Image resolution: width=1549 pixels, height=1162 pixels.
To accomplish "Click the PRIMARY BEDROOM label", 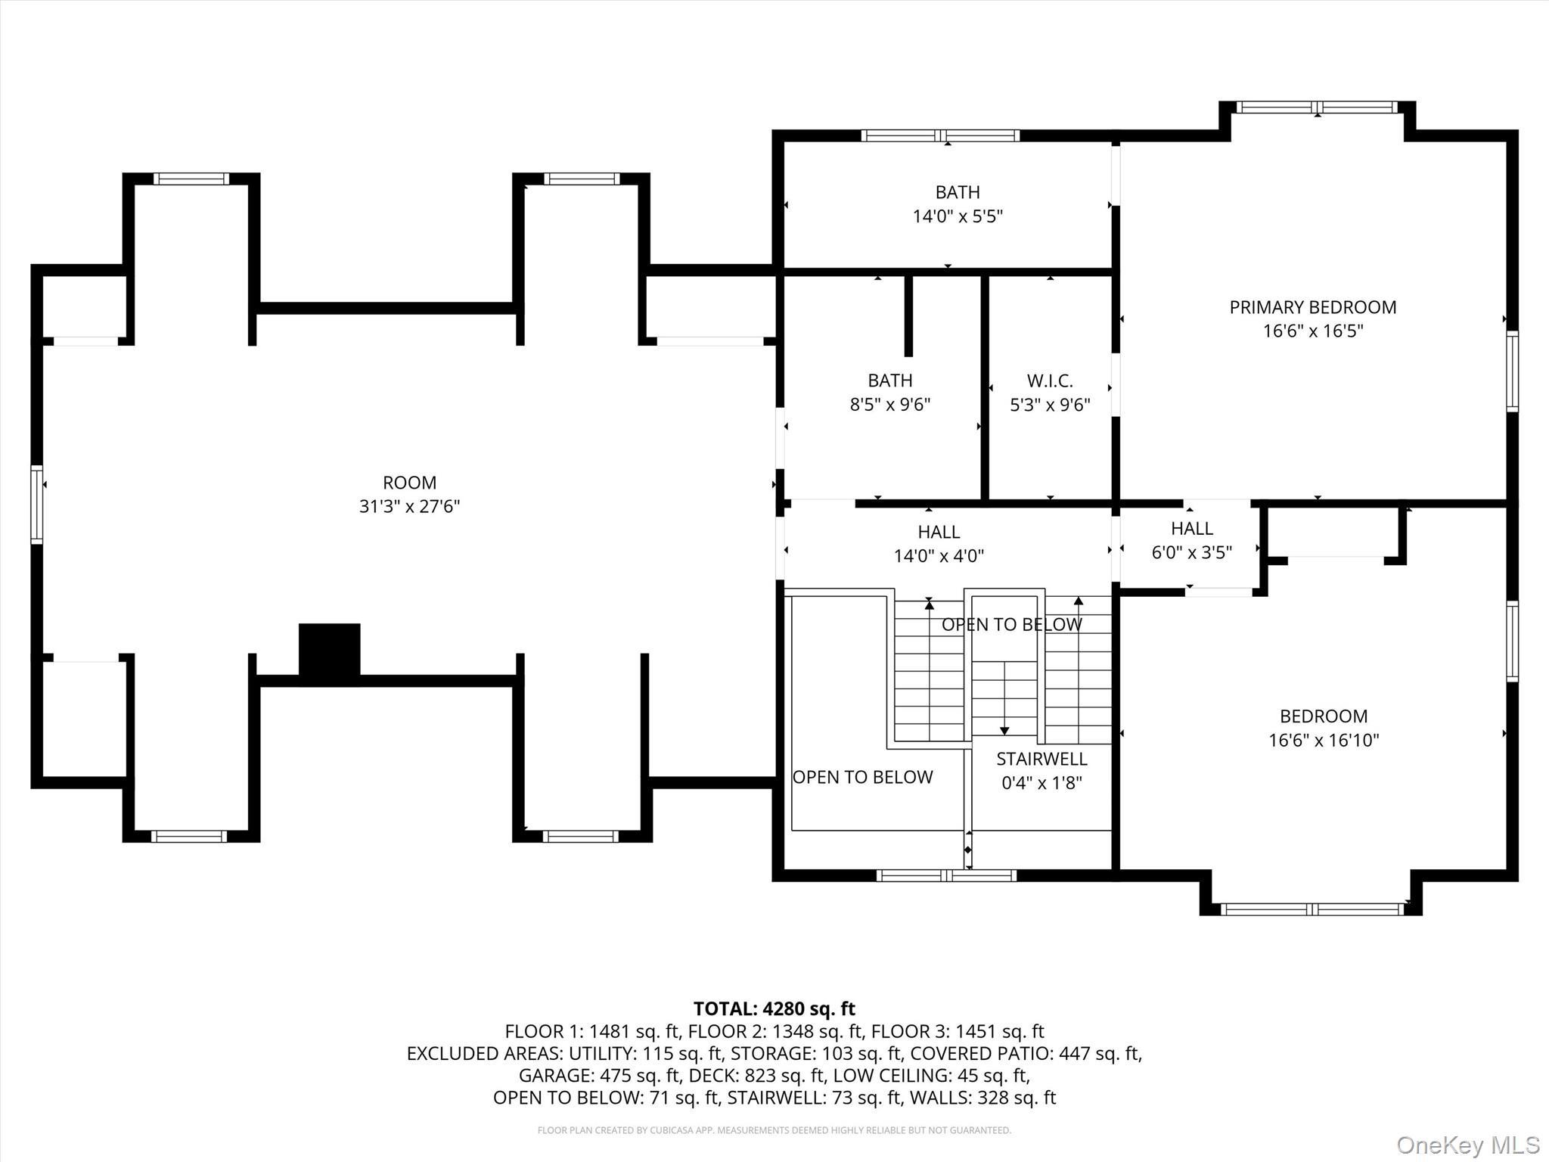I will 1312,307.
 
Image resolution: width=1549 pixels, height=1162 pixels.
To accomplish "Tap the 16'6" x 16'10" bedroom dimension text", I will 1324,741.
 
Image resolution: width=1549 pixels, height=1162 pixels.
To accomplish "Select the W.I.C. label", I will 1050,381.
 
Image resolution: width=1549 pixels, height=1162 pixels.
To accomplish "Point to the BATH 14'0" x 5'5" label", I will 958,192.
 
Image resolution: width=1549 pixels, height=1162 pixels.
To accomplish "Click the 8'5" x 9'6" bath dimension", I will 890,405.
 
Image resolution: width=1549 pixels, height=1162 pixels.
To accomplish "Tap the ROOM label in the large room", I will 409,483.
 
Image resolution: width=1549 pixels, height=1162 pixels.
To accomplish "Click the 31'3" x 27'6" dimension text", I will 409,506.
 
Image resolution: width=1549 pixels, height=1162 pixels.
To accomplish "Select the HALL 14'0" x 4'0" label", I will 939,532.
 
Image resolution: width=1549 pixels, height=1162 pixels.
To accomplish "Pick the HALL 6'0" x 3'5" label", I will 1192,528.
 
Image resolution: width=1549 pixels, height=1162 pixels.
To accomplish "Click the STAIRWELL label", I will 1041,759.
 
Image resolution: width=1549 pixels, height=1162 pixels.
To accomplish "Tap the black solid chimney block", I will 329,648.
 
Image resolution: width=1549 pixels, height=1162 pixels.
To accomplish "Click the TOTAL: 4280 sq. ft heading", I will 774,1008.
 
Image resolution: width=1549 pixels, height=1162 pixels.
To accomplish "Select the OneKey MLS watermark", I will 1467,1145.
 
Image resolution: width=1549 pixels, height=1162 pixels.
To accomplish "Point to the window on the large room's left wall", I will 36,505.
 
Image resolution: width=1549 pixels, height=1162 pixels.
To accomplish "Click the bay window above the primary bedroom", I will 1317,107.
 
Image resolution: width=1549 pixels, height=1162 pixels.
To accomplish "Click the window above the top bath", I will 940,136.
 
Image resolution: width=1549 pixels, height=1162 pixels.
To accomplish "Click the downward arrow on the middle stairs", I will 1004,730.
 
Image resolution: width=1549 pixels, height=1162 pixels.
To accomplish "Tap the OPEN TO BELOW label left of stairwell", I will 862,777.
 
